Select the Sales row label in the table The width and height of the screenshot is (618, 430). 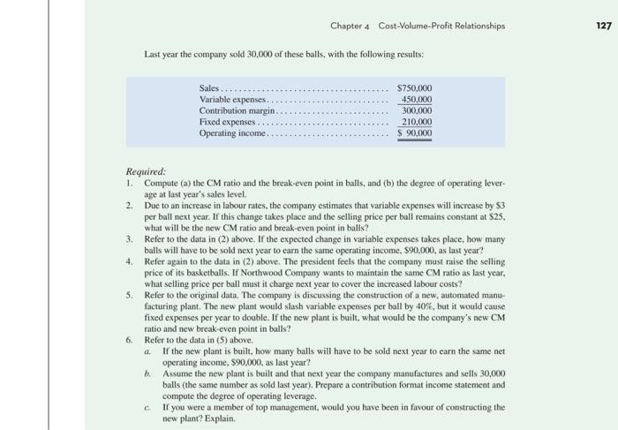pos(210,88)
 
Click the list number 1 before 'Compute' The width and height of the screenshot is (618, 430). pos(129,184)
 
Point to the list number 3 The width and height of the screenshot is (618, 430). pos(129,238)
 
